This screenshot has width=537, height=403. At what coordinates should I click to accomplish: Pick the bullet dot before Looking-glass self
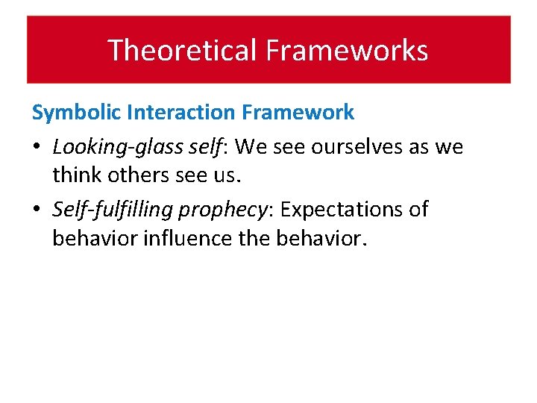[x=37, y=147]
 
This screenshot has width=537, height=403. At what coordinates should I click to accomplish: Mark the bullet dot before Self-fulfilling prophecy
[x=37, y=210]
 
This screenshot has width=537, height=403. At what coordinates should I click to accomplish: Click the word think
[x=76, y=175]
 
